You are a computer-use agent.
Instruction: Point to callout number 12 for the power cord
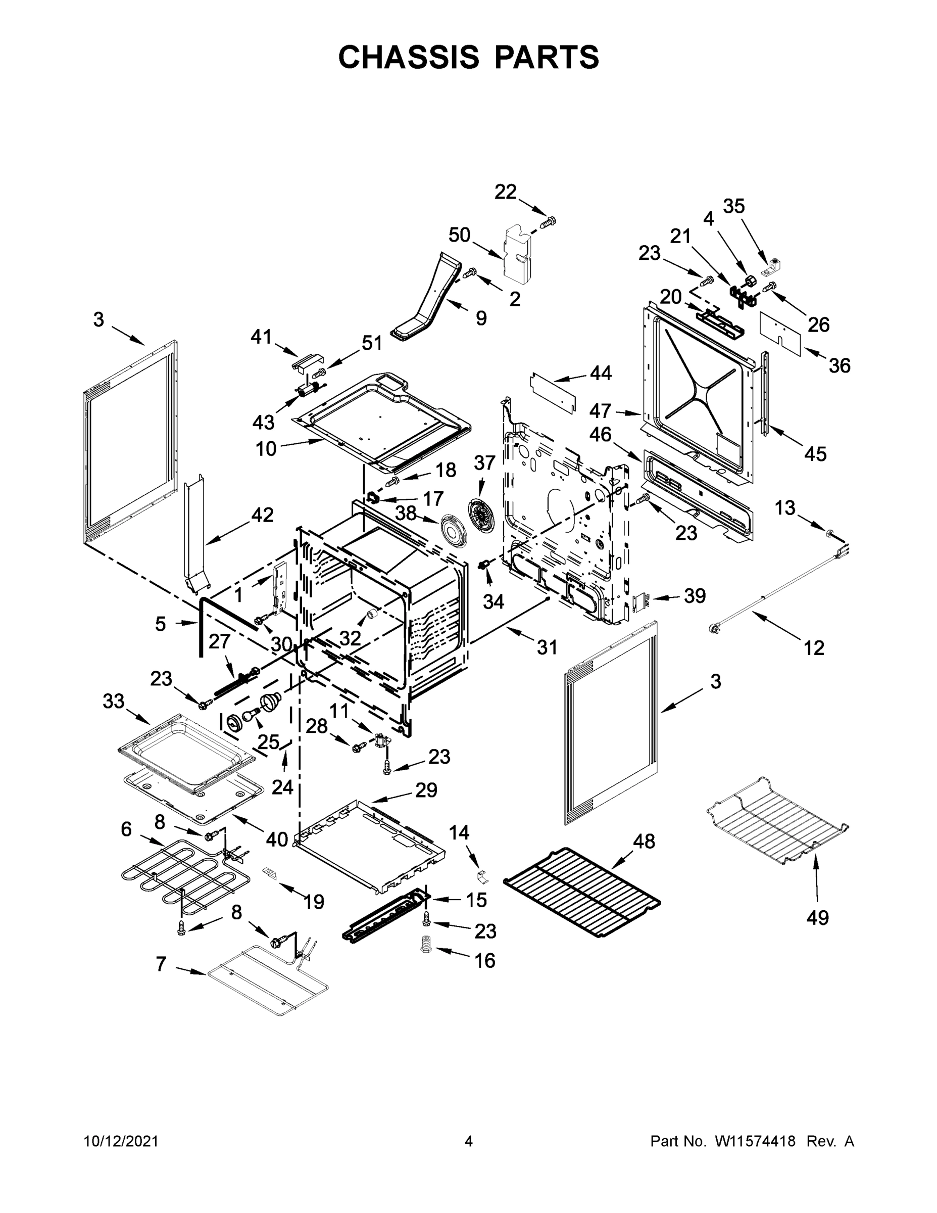pyautogui.click(x=814, y=647)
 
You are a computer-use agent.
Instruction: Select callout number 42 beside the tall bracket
pyautogui.click(x=262, y=515)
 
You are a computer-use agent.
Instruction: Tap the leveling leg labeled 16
pyautogui.click(x=426, y=944)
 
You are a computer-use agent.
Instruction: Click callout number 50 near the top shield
pyautogui.click(x=459, y=235)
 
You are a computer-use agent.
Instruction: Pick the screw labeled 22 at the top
pyautogui.click(x=549, y=223)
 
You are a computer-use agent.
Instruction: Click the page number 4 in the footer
pyautogui.click(x=469, y=1141)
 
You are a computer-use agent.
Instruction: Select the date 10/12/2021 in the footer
pyautogui.click(x=121, y=1141)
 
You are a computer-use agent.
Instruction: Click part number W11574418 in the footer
pyautogui.click(x=755, y=1141)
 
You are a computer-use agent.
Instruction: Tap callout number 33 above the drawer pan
pyautogui.click(x=113, y=701)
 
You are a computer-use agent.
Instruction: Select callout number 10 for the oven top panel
pyautogui.click(x=266, y=448)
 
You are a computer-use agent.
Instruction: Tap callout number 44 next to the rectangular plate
pyautogui.click(x=600, y=373)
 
